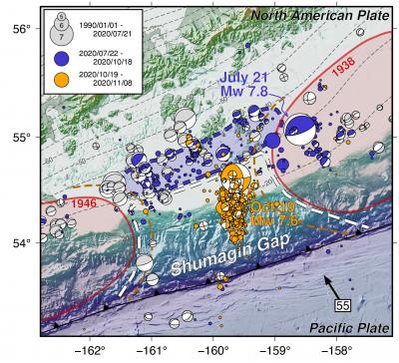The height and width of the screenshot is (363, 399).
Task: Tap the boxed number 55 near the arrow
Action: (342, 303)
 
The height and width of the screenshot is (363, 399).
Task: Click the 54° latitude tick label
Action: (17, 243)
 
